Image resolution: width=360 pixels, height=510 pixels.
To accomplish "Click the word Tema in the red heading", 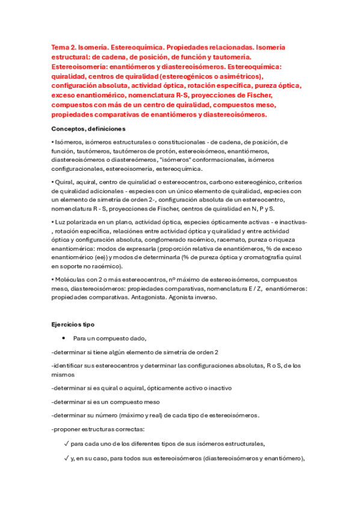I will pos(60,47).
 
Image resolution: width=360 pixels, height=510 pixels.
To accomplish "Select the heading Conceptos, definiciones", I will pos(88,129).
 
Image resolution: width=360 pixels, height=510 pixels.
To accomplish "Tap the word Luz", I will pos(60,223).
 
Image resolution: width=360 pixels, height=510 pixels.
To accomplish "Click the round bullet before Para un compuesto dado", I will pos(63,338).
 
